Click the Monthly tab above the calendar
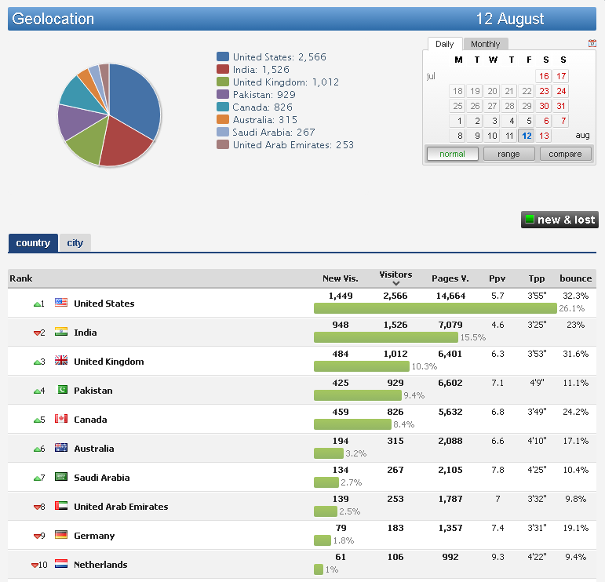(x=486, y=44)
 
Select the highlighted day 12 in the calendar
(x=527, y=136)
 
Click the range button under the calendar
(x=508, y=154)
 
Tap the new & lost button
(x=559, y=220)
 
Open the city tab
(x=75, y=243)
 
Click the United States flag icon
(x=61, y=304)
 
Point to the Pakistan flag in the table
(x=61, y=391)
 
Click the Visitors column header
(x=395, y=275)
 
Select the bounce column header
(x=575, y=278)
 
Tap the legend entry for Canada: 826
(x=262, y=107)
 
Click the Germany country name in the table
(x=94, y=536)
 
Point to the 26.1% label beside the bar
(x=572, y=308)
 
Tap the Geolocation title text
(x=53, y=19)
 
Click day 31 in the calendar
(x=561, y=106)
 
